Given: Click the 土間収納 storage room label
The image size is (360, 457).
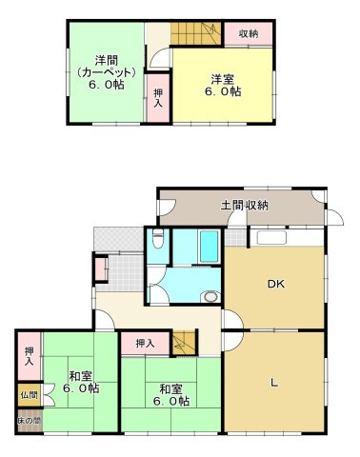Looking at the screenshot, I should [x=244, y=205].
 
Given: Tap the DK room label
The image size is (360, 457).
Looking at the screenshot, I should [x=275, y=283].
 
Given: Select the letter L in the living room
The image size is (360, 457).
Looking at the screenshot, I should [x=274, y=383].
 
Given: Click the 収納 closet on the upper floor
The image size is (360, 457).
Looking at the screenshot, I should [x=249, y=32].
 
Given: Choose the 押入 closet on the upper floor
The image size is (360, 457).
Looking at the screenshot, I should [x=158, y=98].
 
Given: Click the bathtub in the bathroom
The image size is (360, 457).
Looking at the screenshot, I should [x=204, y=249].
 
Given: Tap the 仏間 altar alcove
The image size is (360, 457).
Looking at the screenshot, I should [x=29, y=394].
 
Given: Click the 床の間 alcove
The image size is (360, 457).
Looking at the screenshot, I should [x=29, y=420].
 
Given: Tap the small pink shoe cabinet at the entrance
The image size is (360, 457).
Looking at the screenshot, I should [x=101, y=269].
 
